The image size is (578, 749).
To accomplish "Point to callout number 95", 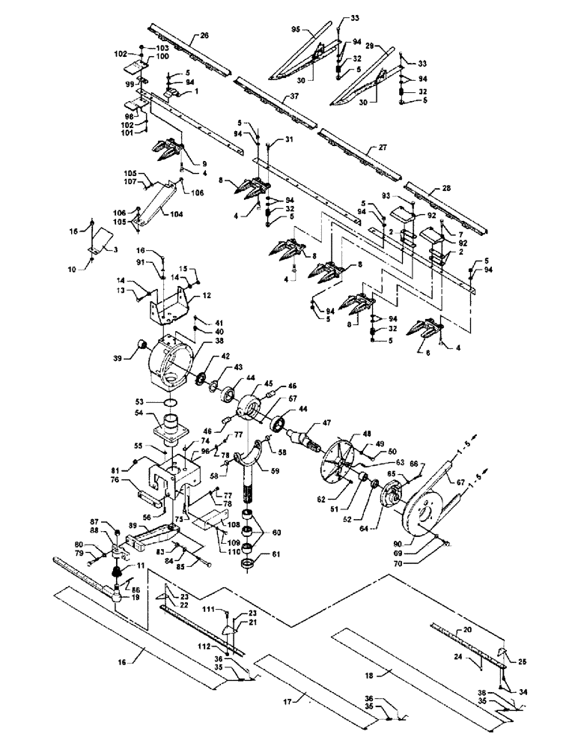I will (294, 28).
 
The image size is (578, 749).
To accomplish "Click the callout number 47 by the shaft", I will (326, 423).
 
